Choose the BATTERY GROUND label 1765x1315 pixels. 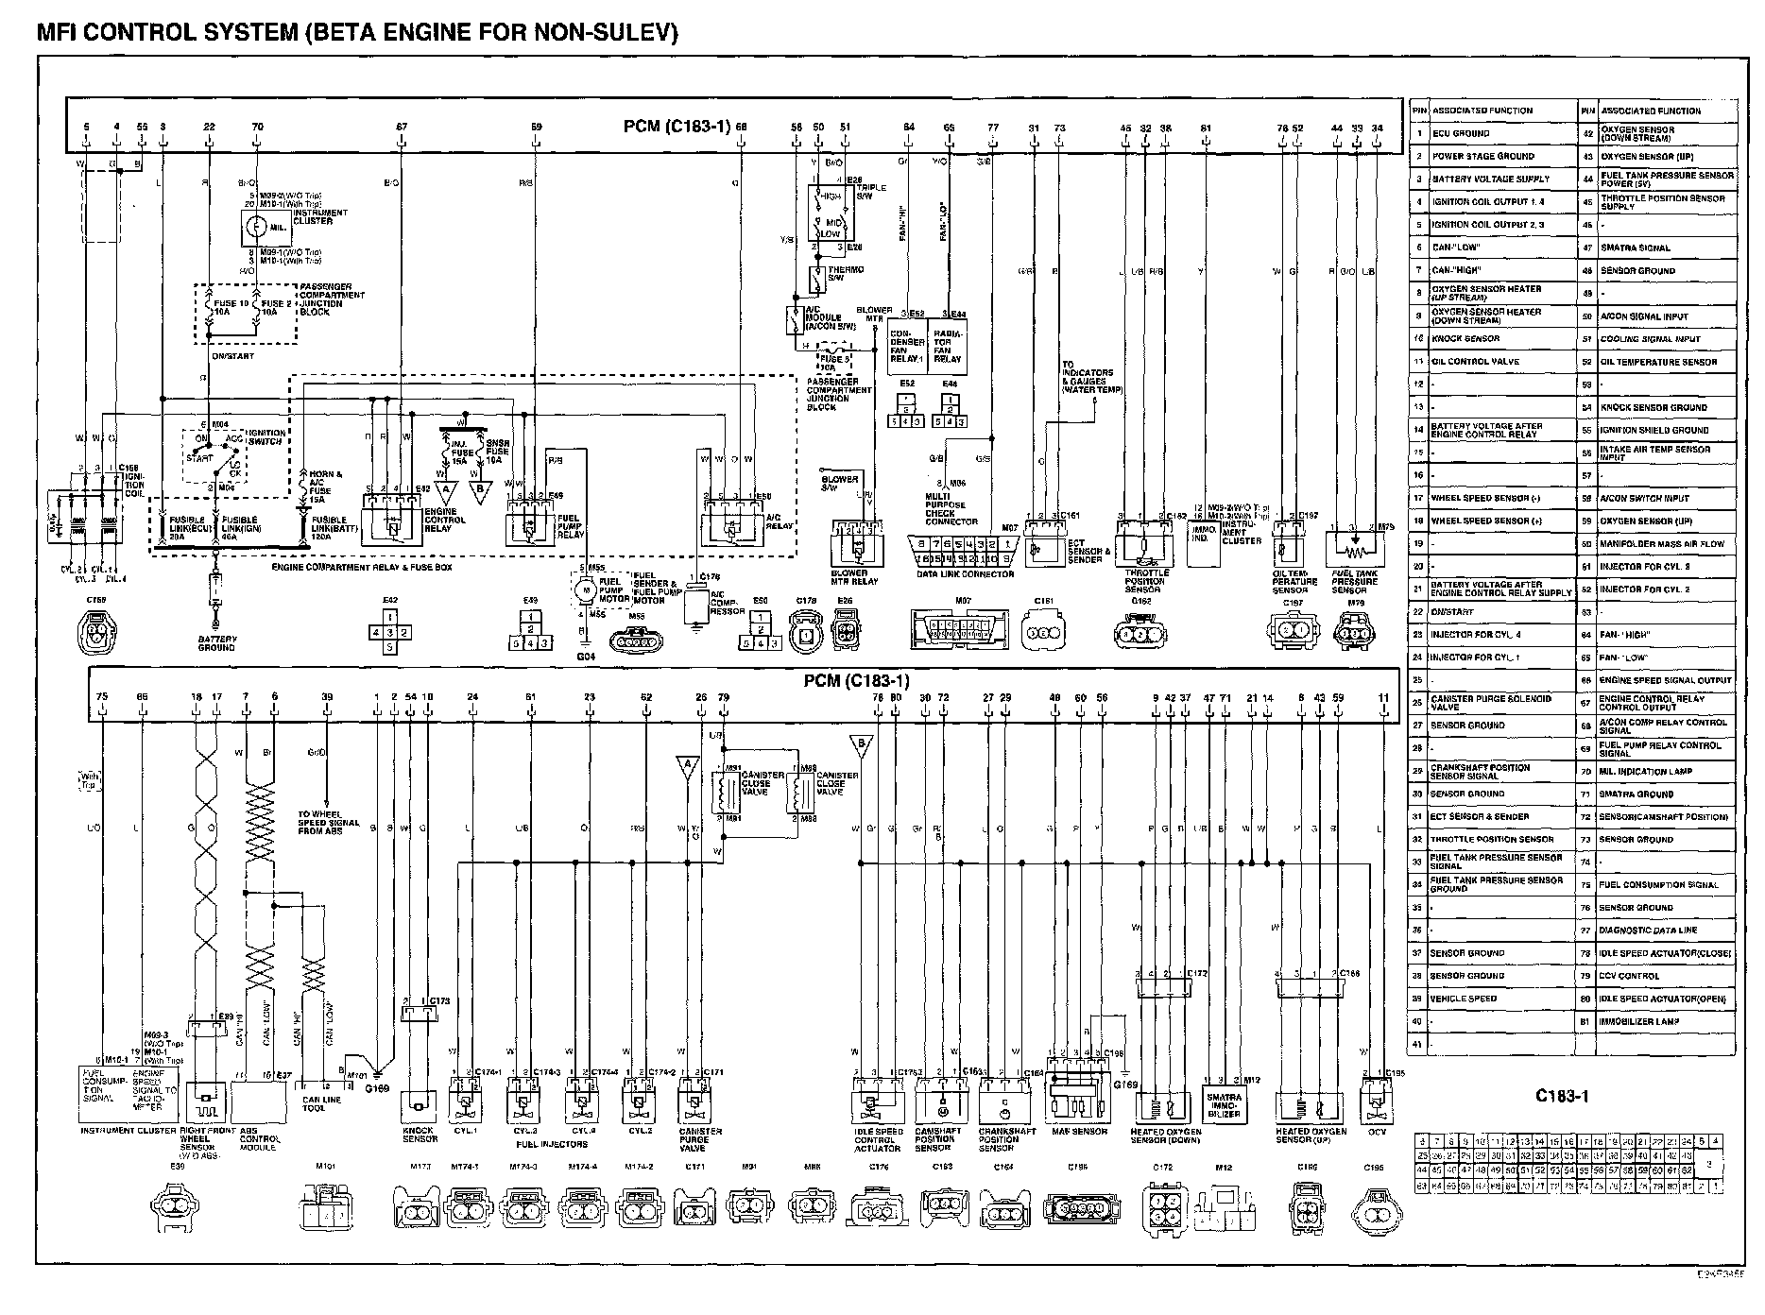pyautogui.click(x=217, y=643)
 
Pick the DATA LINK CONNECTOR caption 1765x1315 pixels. pyautogui.click(x=965, y=573)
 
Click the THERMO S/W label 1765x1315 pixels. pyautogui.click(x=845, y=272)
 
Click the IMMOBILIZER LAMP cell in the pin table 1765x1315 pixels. pyautogui.click(x=1640, y=1021)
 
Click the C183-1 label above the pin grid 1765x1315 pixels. pyautogui.click(x=1561, y=1097)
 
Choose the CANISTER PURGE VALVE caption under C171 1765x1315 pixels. pyautogui.click(x=700, y=1139)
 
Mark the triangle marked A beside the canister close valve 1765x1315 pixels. pyautogui.click(x=687, y=762)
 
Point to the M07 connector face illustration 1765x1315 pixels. pyautogui.click(x=964, y=630)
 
